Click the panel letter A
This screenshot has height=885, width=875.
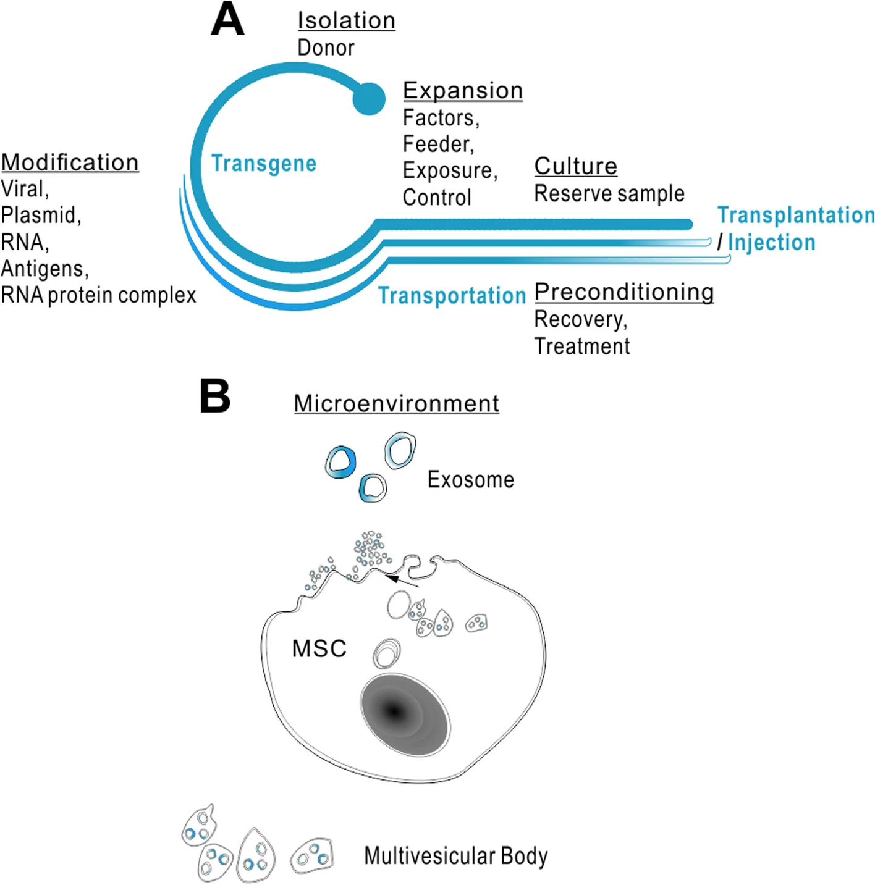pyautogui.click(x=227, y=20)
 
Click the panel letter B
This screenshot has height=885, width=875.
pyautogui.click(x=215, y=396)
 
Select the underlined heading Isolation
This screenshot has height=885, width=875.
pyautogui.click(x=346, y=20)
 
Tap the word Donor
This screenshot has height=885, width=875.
pyautogui.click(x=326, y=48)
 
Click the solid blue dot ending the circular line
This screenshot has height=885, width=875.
pyautogui.click(x=369, y=98)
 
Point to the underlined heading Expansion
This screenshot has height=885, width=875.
pyautogui.click(x=463, y=90)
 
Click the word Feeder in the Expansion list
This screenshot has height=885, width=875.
pyautogui.click(x=437, y=144)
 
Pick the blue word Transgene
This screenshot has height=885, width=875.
pyautogui.click(x=264, y=163)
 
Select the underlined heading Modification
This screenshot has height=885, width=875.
pyautogui.click(x=70, y=162)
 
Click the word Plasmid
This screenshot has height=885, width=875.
pyautogui.click(x=40, y=215)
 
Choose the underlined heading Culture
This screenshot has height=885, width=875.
pyautogui.click(x=575, y=166)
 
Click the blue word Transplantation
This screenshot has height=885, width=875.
pyautogui.click(x=796, y=215)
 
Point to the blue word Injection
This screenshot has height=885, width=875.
pyautogui.click(x=771, y=242)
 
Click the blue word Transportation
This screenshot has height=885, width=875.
pyautogui.click(x=452, y=295)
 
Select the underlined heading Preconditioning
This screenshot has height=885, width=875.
pyautogui.click(x=623, y=292)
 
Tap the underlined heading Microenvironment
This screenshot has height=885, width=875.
pyautogui.click(x=396, y=403)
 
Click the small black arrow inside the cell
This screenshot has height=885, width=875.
pyautogui.click(x=402, y=581)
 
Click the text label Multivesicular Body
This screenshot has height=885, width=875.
pyautogui.click(x=455, y=856)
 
